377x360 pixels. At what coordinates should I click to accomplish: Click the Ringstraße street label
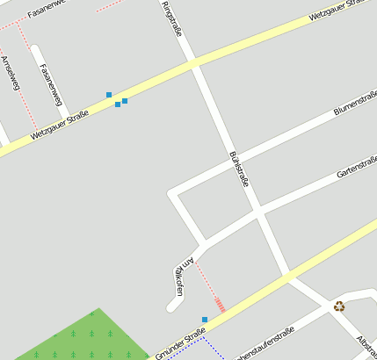point(173,18)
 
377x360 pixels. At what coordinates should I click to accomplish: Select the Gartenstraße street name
point(357,162)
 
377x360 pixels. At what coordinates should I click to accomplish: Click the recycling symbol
point(339,306)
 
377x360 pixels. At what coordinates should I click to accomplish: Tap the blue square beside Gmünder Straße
point(205,320)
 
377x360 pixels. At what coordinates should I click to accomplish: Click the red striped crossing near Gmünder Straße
point(220,305)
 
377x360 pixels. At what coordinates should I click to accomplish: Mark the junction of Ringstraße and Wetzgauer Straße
point(193,63)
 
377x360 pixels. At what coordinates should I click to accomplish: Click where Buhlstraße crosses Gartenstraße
point(258,210)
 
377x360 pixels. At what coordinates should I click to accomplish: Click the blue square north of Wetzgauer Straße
point(109,94)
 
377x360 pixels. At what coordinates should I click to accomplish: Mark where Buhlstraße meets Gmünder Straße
point(288,276)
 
